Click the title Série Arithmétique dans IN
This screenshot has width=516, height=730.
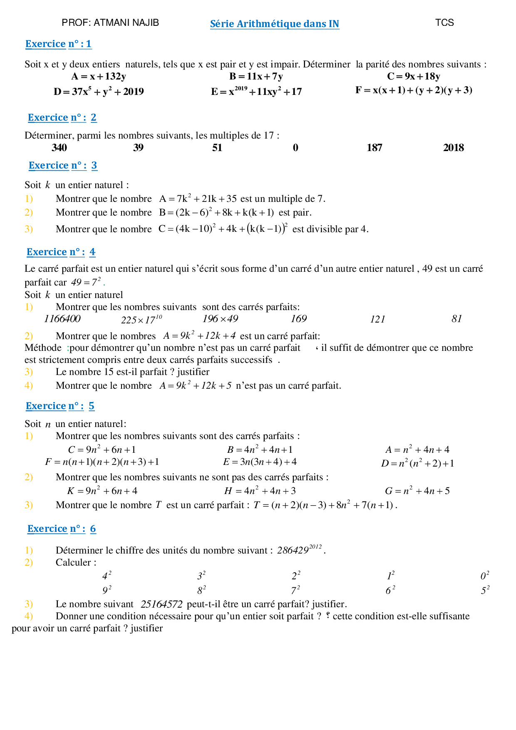point(274,24)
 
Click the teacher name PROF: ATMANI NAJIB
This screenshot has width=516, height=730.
point(110,22)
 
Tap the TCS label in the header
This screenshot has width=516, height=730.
point(444,22)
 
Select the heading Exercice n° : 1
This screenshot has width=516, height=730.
point(58,44)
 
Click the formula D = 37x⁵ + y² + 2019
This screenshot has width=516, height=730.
point(99,92)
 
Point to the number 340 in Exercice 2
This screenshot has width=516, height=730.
point(59,148)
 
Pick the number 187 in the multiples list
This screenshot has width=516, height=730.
point(374,148)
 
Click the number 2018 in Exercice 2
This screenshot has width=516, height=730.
point(453,148)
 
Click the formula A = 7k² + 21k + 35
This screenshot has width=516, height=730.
point(198,199)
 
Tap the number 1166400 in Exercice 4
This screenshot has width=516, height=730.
point(62,319)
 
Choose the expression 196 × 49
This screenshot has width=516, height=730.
point(220,319)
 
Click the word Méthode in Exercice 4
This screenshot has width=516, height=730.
point(43,348)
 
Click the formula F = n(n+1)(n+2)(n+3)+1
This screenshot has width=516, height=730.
point(102,462)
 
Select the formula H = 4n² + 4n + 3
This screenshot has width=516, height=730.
point(260,491)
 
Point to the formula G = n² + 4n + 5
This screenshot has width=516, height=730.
point(417,491)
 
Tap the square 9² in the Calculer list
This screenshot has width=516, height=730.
point(107,590)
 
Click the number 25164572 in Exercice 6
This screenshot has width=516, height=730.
point(161,604)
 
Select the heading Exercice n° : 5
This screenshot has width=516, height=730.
point(60,406)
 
